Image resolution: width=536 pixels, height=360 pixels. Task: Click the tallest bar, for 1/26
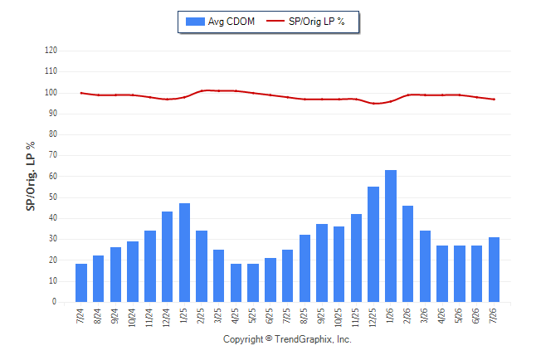(x=391, y=236)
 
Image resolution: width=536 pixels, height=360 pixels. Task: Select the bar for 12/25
(x=373, y=244)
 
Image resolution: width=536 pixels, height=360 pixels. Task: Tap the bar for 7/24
(x=81, y=283)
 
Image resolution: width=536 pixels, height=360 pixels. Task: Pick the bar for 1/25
(x=184, y=253)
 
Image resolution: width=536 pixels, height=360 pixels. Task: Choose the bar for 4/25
(x=236, y=283)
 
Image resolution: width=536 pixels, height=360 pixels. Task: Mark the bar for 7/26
(x=494, y=270)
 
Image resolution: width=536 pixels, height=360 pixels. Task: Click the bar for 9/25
(x=322, y=263)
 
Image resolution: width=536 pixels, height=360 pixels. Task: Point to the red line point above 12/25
(x=373, y=103)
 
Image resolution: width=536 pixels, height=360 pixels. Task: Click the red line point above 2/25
(x=202, y=90)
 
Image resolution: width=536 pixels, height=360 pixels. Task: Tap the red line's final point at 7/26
(x=494, y=100)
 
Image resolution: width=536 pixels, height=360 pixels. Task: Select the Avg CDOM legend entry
(x=220, y=22)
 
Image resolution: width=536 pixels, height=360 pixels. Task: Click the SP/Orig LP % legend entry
(x=305, y=22)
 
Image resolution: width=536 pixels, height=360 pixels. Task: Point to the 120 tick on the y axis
(x=51, y=51)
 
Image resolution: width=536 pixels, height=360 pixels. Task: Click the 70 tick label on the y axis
(x=53, y=155)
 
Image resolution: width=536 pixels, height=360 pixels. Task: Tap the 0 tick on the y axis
(x=55, y=302)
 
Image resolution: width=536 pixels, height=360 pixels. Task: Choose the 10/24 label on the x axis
(x=133, y=317)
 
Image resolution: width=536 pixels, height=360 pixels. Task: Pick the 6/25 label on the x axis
(x=270, y=315)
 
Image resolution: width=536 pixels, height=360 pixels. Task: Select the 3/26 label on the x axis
(x=425, y=315)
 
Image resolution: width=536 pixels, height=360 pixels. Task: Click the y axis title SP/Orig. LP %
(x=31, y=176)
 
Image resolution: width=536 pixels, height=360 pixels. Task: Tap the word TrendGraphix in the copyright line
(x=304, y=339)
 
